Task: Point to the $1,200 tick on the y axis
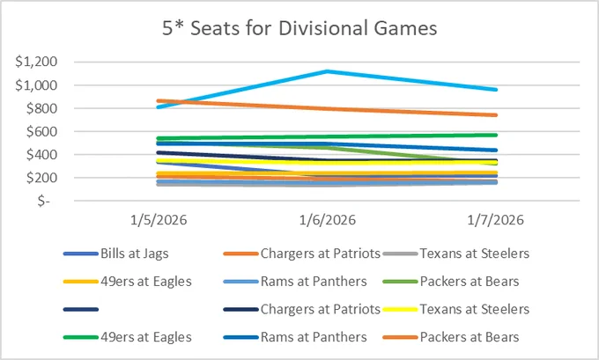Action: click(x=36, y=62)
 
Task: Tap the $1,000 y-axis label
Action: click(x=36, y=85)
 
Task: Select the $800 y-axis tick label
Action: click(x=41, y=108)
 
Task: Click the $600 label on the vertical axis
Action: click(x=41, y=132)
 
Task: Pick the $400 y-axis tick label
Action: click(x=41, y=155)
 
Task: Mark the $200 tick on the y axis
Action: click(x=41, y=178)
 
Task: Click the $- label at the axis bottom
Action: click(x=44, y=201)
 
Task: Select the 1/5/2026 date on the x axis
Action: click(x=159, y=220)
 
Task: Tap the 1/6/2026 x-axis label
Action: click(x=328, y=220)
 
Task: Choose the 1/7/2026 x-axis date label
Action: click(x=496, y=220)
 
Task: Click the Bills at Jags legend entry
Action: click(x=116, y=253)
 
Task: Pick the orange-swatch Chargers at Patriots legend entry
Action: click(x=302, y=253)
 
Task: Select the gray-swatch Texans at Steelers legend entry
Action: click(x=456, y=253)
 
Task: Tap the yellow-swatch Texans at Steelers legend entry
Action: click(x=456, y=309)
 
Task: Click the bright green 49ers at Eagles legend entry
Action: click(x=128, y=337)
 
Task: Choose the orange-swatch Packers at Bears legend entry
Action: click(x=451, y=337)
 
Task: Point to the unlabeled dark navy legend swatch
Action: click(x=81, y=309)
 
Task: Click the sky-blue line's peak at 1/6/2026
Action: click(x=328, y=71)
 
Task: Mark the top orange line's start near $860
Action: click(x=159, y=101)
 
